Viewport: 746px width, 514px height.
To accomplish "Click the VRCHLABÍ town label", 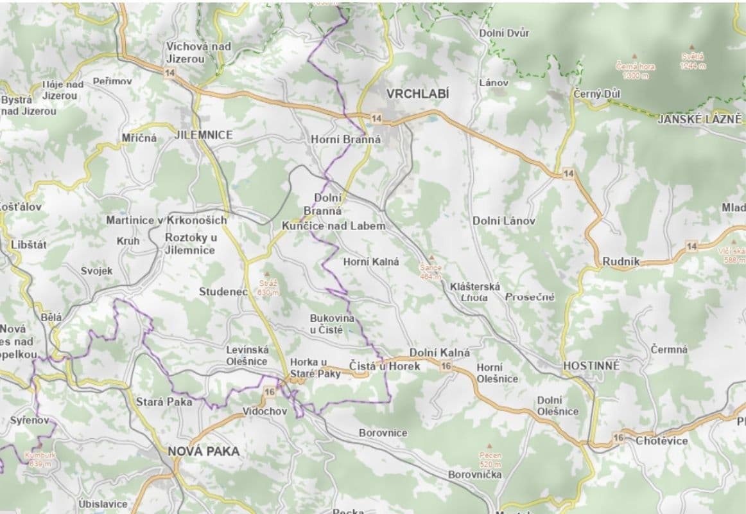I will point(417,94).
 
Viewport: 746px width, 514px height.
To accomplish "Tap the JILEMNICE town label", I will point(204,135).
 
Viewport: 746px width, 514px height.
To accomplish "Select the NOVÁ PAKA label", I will point(204,452).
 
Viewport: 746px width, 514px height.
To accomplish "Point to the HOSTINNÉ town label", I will point(591,366).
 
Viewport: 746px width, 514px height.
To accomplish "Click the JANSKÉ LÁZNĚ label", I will point(699,119).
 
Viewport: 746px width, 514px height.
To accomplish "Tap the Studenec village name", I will point(223,292).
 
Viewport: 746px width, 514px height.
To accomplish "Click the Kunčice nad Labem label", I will point(334,226).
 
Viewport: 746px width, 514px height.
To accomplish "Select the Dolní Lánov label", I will point(504,220).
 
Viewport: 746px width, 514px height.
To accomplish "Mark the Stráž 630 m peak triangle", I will point(268,274).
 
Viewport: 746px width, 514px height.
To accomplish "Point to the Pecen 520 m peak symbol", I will point(490,445).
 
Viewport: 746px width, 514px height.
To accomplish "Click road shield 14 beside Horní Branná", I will point(376,118).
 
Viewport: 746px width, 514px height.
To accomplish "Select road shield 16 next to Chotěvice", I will point(618,438).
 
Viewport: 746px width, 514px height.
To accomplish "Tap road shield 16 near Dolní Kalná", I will point(446,366).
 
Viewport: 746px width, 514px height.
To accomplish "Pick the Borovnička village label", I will point(475,474).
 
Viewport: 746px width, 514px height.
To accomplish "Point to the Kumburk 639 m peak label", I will point(40,459).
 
